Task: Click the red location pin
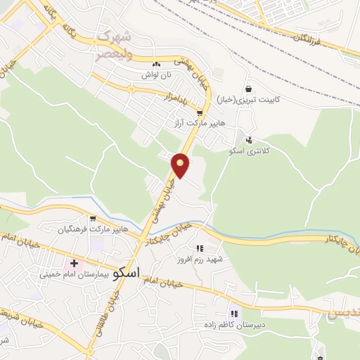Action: pyautogui.click(x=181, y=165)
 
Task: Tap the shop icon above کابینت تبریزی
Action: pyautogui.click(x=249, y=89)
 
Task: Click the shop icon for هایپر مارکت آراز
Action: pyautogui.click(x=200, y=112)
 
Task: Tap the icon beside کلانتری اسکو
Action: pyautogui.click(x=249, y=139)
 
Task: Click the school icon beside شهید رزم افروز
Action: pyautogui.click(x=200, y=248)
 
